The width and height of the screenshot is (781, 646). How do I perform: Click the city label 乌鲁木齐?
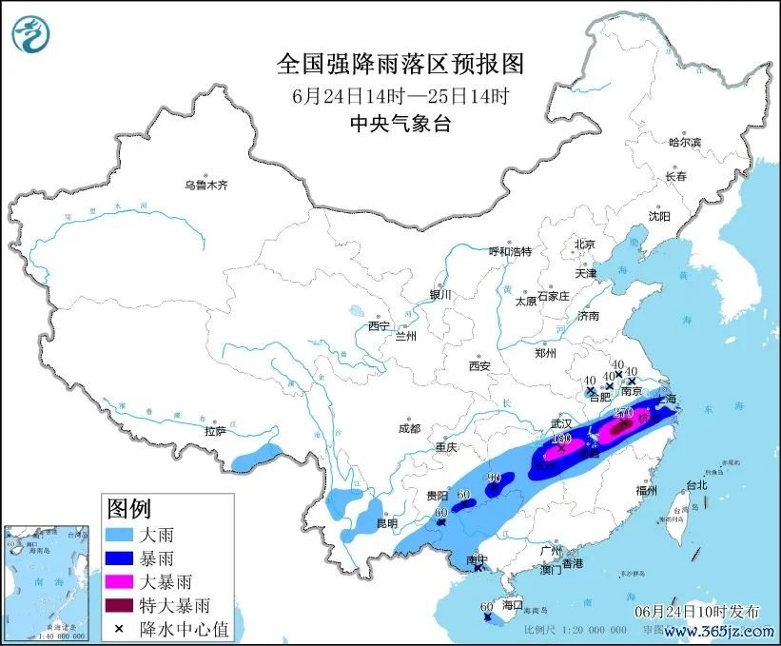pyautogui.click(x=206, y=186)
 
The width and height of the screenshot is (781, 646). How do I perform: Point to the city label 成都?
pyautogui.click(x=409, y=428)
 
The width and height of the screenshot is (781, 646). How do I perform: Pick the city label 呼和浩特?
pyautogui.click(x=510, y=251)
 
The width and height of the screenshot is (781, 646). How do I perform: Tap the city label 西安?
pyautogui.click(x=478, y=365)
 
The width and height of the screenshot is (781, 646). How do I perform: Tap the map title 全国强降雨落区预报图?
pyautogui.click(x=400, y=64)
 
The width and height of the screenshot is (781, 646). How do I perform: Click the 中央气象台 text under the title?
pyautogui.click(x=400, y=123)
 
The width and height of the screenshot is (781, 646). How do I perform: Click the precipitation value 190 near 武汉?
pyautogui.click(x=561, y=439)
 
